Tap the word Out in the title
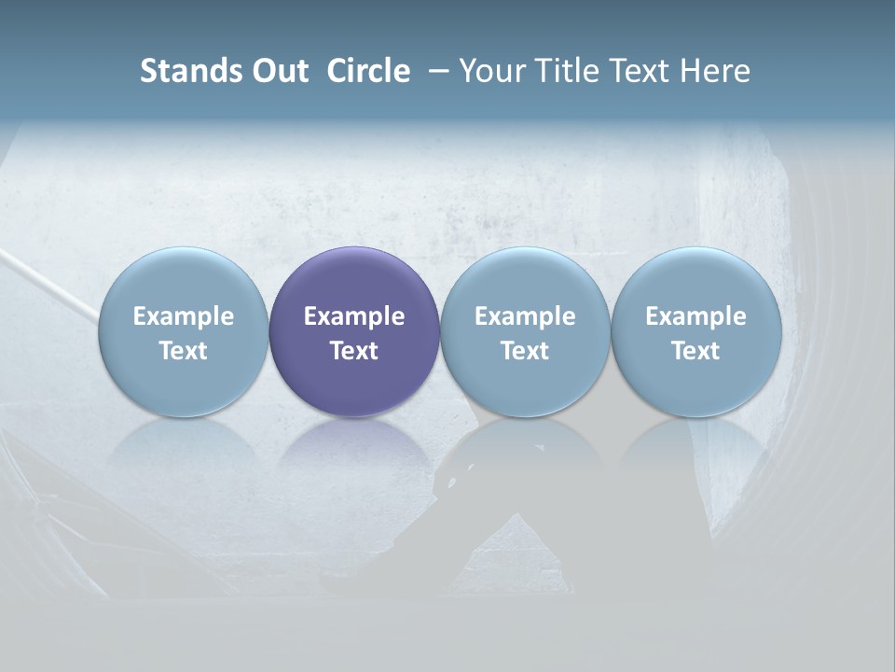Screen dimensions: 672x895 [x=278, y=71]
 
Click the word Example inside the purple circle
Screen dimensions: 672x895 [x=354, y=316]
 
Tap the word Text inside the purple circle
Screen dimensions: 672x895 [x=354, y=351]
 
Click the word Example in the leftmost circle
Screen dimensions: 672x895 [x=183, y=316]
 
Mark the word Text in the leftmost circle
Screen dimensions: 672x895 [x=183, y=351]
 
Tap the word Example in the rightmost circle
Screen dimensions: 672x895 [x=695, y=316]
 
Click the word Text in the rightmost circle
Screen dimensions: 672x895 [x=695, y=351]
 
